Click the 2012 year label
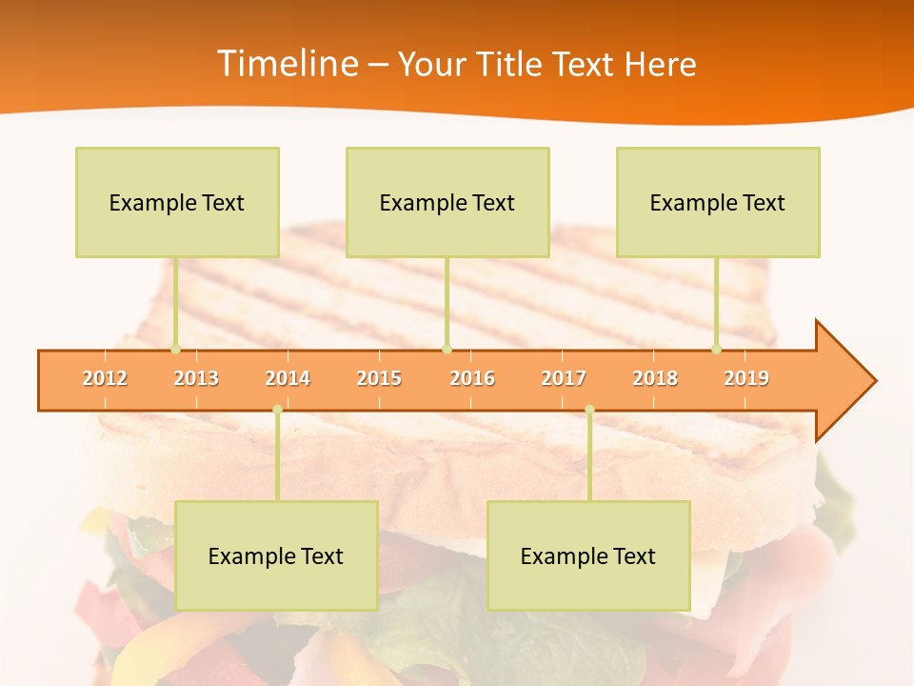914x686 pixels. coord(105,378)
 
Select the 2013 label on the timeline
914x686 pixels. coord(196,378)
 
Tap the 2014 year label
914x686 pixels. coord(288,378)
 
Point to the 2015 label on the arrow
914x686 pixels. coord(379,378)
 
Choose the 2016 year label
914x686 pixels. coord(472,378)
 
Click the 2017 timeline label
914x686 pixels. coord(564,378)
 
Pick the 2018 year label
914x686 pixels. coord(655,378)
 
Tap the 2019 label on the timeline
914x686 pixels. coord(746,378)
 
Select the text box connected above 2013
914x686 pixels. coord(177,202)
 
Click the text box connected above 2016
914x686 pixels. coord(447,202)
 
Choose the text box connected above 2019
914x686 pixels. coord(718,202)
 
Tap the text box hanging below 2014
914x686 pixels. coord(276,555)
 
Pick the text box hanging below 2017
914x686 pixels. coord(588,555)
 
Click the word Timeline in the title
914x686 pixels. coord(286,64)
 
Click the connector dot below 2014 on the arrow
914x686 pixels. coord(277,410)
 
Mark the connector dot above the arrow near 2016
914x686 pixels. coord(447,349)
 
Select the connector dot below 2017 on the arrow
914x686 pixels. coord(589,410)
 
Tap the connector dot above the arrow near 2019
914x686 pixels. coord(717,349)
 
